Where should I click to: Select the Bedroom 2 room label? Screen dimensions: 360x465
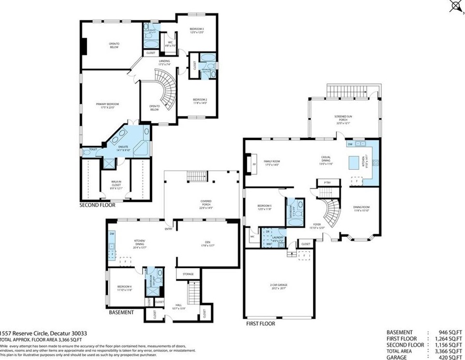[200, 101]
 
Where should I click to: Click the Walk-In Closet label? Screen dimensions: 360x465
[116, 183]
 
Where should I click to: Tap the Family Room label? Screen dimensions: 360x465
[272, 163]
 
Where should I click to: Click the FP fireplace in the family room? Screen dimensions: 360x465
[253, 164]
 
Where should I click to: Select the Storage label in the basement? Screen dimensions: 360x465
[188, 274]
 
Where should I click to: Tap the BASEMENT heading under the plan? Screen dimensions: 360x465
[121, 313]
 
